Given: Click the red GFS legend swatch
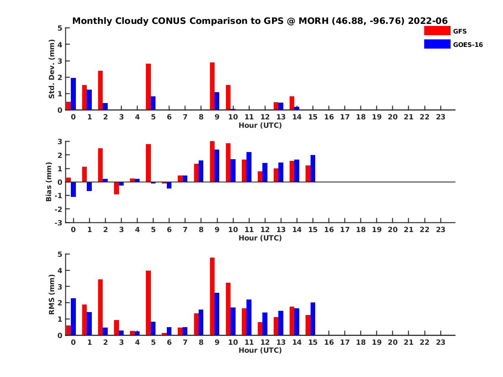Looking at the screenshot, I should coord(437,31).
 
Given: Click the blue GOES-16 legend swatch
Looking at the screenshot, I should coord(437,44).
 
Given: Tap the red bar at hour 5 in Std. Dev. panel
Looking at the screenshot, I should coord(148,87).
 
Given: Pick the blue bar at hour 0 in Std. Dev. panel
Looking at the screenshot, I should coord(73,94).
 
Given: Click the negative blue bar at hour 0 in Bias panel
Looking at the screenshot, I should coord(73,189).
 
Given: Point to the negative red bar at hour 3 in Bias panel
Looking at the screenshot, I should coord(117,188).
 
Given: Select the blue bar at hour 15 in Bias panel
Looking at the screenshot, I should coord(313,168).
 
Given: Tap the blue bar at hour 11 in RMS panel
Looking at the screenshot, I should coord(249,317).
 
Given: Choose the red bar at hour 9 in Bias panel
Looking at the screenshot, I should coord(213,161).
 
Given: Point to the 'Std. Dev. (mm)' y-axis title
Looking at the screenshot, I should coord(52,69).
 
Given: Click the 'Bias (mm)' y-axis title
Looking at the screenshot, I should coord(49,182).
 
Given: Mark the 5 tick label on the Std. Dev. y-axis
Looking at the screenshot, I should coord(60,28).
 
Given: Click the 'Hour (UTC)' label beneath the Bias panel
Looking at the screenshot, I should coord(260,238).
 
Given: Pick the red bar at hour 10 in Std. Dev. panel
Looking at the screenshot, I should coord(228,97).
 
